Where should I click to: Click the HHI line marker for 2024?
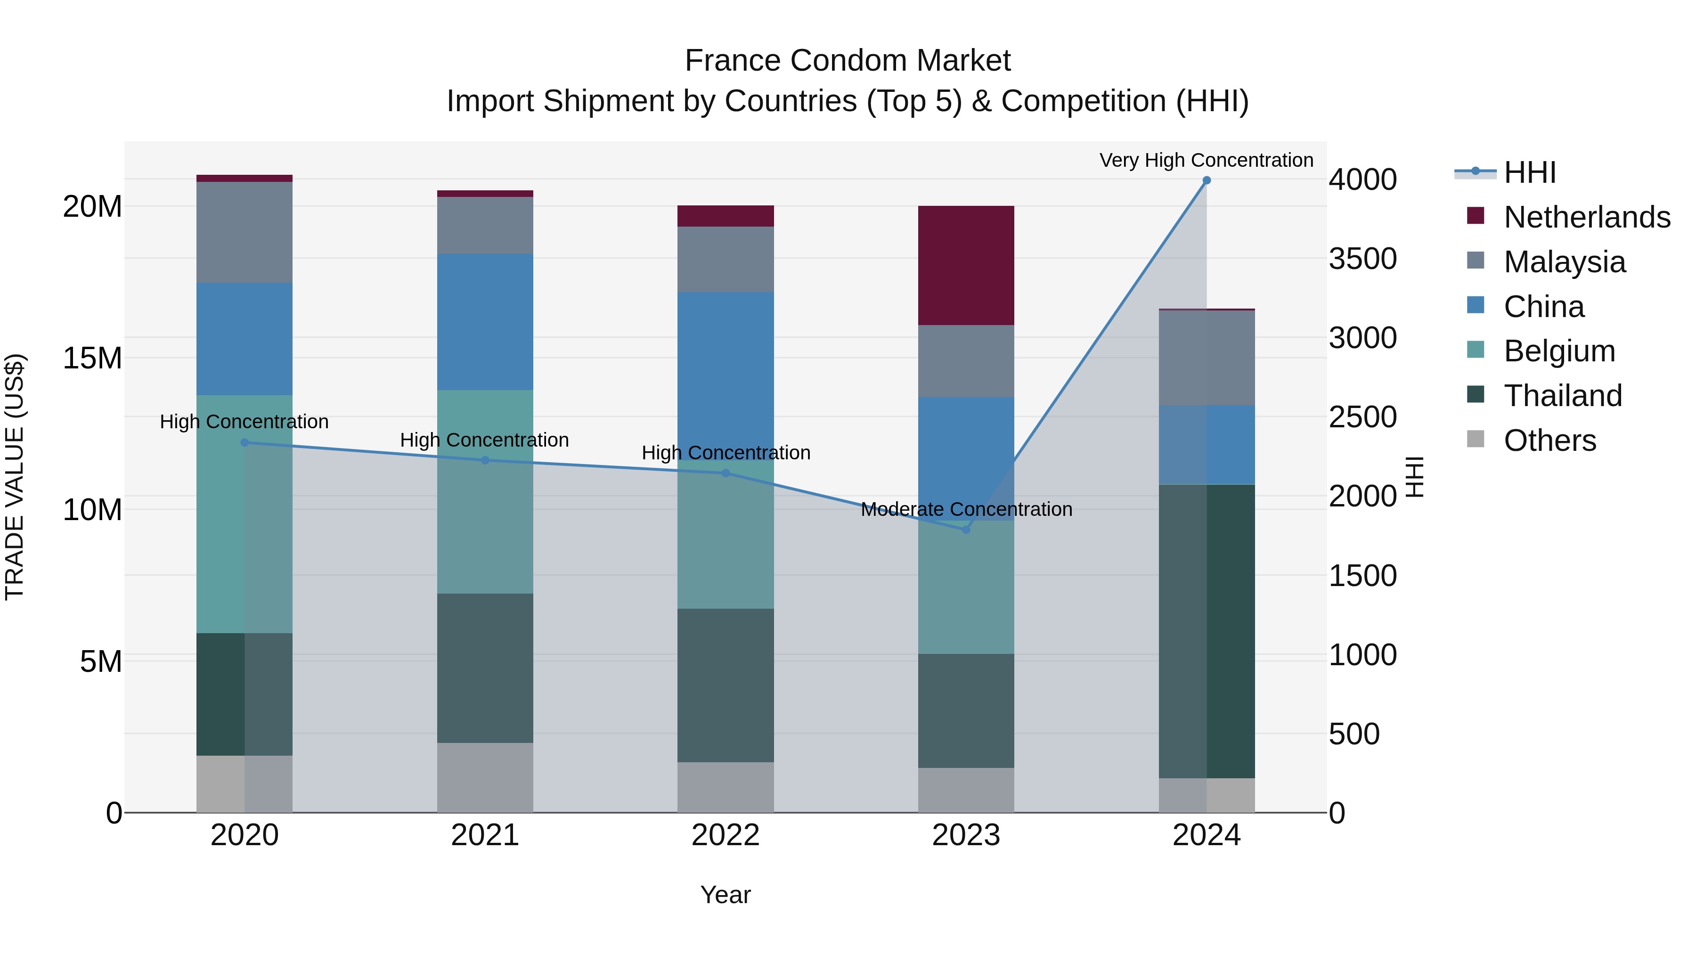(1206, 180)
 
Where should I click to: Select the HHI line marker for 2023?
(966, 530)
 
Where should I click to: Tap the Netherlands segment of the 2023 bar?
(966, 265)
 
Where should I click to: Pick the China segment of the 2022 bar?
(726, 369)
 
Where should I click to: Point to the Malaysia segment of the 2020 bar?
(244, 232)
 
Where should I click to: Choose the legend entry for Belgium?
(1558, 351)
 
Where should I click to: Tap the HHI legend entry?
(1529, 172)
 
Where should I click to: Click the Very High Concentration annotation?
(1206, 160)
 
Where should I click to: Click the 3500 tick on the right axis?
(1362, 259)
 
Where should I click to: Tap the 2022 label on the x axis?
(726, 835)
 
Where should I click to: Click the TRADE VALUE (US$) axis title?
(15, 477)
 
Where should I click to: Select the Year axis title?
(726, 895)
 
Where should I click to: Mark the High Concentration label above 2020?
(244, 421)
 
